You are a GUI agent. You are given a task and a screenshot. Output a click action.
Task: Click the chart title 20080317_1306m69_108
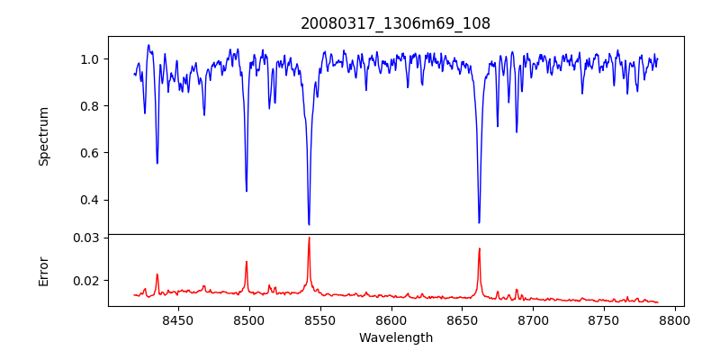click(395, 23)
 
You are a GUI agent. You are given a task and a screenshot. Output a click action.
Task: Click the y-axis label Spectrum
click(43, 136)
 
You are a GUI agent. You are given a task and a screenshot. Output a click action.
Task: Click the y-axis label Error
click(43, 271)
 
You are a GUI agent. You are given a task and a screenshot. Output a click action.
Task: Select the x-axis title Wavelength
click(395, 338)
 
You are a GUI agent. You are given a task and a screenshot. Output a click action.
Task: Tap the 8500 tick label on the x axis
click(248, 319)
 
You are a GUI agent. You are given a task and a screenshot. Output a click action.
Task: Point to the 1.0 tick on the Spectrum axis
click(91, 59)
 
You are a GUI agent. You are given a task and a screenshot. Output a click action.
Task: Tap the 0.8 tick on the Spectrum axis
click(91, 106)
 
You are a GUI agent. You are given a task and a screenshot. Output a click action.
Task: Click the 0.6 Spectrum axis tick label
click(91, 153)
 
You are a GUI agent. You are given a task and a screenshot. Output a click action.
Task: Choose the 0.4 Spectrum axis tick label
click(91, 200)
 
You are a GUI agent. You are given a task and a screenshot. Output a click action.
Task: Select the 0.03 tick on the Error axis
click(87, 238)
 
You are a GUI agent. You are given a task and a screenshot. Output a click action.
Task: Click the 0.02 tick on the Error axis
click(87, 281)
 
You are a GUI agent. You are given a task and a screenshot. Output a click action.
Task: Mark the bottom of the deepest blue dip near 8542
click(309, 224)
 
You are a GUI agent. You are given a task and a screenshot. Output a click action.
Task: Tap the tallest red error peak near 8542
click(309, 238)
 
